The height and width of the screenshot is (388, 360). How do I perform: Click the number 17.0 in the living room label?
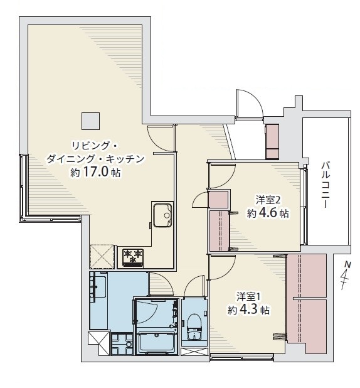(x=96, y=172)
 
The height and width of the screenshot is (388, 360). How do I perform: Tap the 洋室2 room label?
(x=268, y=200)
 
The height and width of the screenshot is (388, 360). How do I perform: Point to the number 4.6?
(x=267, y=213)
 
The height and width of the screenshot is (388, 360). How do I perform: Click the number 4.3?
(x=248, y=310)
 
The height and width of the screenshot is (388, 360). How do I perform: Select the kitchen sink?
(x=162, y=215)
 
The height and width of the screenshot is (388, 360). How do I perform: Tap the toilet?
(x=194, y=327)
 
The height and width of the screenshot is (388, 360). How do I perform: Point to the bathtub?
(x=157, y=342)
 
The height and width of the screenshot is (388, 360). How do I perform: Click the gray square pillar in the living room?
(x=91, y=121)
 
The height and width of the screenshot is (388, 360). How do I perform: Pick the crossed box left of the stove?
(x=102, y=256)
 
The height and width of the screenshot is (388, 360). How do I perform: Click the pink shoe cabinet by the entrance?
(x=272, y=142)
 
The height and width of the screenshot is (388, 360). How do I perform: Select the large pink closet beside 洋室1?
(x=307, y=303)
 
